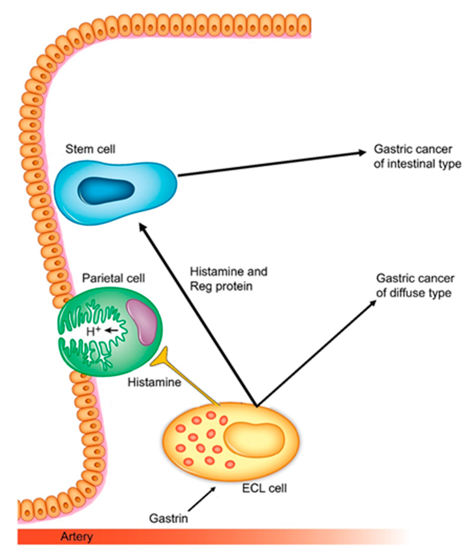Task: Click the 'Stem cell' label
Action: click(x=90, y=149)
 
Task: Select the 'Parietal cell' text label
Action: click(x=113, y=278)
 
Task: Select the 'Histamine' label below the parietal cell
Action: click(x=154, y=382)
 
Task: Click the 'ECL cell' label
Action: click(x=264, y=488)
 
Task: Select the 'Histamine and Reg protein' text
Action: click(x=228, y=279)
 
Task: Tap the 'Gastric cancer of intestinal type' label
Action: click(x=417, y=157)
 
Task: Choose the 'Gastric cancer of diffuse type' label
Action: click(x=415, y=286)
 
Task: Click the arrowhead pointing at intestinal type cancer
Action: click(x=362, y=153)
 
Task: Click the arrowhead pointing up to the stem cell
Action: click(x=141, y=226)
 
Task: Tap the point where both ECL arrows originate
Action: click(x=256, y=406)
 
